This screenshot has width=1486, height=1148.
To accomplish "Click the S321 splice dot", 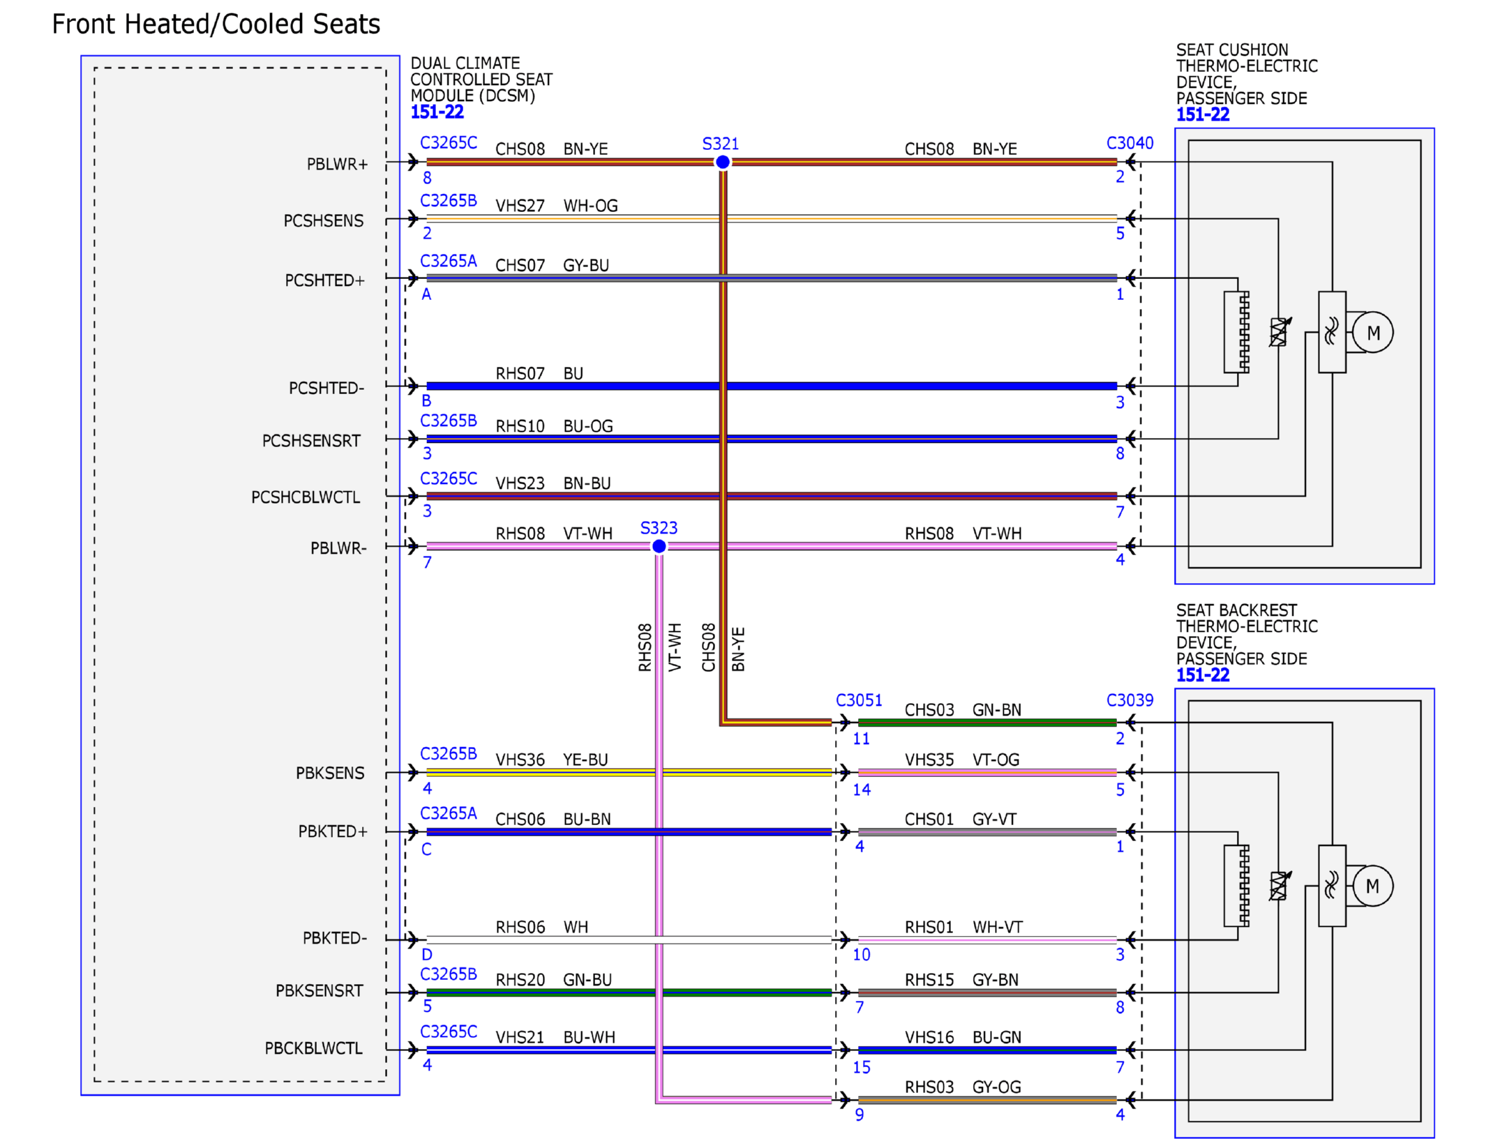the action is [722, 162].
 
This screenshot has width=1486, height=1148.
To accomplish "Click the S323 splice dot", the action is [659, 546].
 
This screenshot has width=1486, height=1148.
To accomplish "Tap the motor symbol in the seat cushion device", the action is [1372, 333].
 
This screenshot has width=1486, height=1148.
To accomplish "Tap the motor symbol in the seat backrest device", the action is [1372, 886].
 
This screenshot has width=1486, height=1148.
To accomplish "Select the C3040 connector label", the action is [1129, 143].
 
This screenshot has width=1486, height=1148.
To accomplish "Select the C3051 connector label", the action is [859, 700].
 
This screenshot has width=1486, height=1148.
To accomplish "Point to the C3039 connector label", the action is [1129, 700].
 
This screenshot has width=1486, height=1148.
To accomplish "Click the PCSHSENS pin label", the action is [323, 221].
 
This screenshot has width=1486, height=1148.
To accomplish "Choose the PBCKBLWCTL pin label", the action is [313, 1048].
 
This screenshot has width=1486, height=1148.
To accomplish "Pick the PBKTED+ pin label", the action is [332, 831].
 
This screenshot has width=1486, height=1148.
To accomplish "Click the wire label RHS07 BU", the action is [539, 374].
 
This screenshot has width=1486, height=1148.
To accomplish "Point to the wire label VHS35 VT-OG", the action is [962, 760].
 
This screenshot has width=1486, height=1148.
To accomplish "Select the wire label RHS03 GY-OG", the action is [963, 1087].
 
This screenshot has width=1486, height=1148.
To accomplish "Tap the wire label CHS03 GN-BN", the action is [963, 710].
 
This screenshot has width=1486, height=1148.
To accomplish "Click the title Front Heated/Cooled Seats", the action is [216, 24].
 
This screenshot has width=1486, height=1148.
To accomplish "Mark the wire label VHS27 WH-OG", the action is [557, 206].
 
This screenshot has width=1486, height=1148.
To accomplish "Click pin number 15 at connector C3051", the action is [862, 1067].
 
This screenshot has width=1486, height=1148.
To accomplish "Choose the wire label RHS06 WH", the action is [541, 927].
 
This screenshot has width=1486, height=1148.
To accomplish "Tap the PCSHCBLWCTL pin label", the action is [306, 497].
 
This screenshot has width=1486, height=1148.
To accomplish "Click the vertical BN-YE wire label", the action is [738, 649].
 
